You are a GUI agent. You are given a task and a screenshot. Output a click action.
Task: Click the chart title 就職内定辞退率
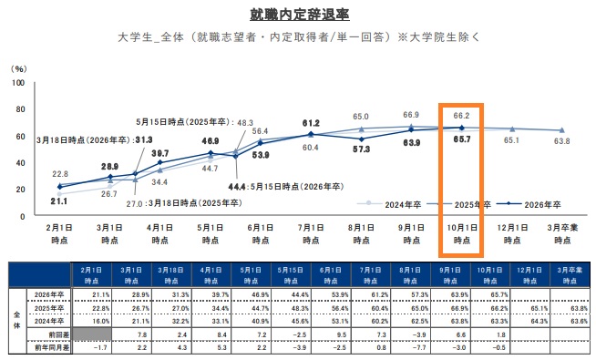point(298,15)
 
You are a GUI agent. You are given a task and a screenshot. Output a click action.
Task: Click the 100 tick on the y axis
point(17,83)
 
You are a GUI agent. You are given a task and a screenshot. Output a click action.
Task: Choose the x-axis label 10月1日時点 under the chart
point(460,232)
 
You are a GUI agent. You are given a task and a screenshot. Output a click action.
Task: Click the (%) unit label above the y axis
point(18,68)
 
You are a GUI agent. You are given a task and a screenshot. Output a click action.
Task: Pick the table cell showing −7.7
point(396,347)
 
